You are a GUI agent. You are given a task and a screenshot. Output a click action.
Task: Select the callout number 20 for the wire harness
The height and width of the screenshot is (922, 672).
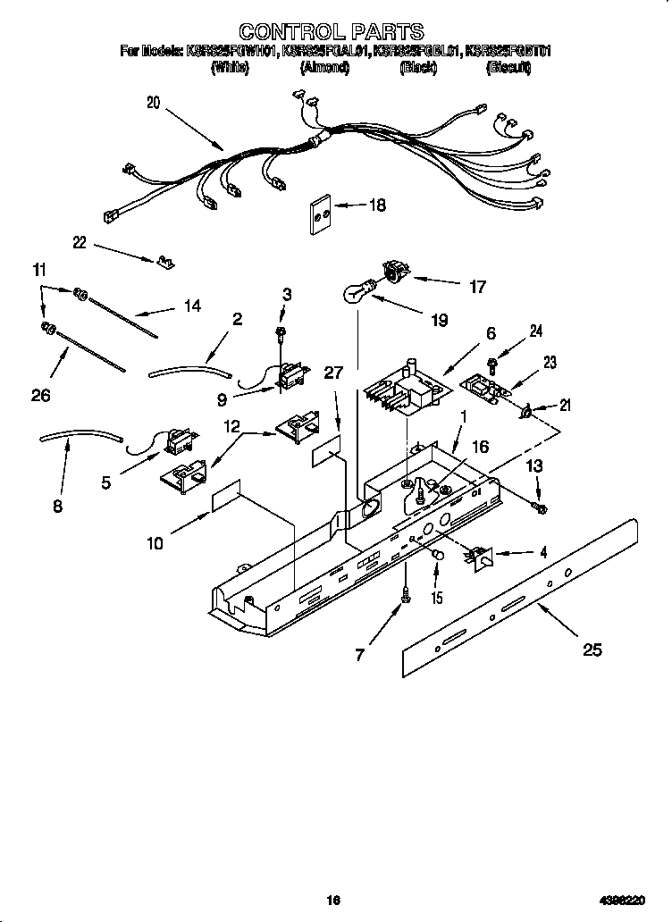154,103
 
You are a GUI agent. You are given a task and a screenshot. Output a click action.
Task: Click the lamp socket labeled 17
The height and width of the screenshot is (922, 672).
394,269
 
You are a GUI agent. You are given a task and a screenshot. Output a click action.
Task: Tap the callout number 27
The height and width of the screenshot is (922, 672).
333,373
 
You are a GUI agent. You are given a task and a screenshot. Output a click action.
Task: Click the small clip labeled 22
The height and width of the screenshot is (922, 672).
164,262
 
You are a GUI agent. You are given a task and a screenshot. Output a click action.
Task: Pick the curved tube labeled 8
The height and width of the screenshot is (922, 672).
80,436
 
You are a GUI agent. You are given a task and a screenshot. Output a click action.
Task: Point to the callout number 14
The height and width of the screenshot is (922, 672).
192,306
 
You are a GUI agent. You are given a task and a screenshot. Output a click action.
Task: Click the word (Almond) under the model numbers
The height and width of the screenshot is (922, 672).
324,67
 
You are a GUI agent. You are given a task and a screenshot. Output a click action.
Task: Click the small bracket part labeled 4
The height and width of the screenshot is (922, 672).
477,557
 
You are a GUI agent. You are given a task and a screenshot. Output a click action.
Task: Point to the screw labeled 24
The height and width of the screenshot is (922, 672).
492,362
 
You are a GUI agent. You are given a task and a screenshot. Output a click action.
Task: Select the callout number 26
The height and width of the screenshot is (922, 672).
40,395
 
